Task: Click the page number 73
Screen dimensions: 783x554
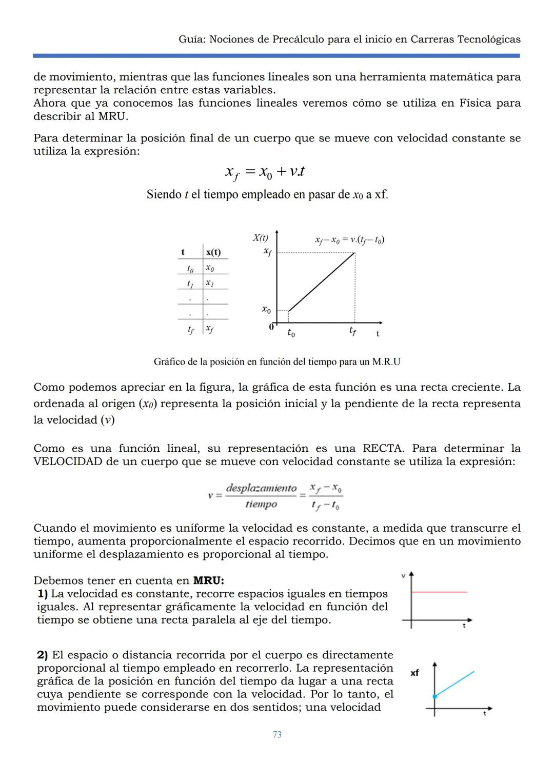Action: tap(277, 734)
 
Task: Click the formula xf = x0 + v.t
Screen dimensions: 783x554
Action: tap(265, 172)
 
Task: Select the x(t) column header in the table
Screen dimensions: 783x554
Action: tap(213, 252)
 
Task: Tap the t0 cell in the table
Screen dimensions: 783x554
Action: tap(190, 268)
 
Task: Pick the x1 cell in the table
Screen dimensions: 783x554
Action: tap(209, 283)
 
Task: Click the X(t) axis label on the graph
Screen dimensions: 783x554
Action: tap(260, 238)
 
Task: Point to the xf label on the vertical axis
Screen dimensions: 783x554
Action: tap(267, 251)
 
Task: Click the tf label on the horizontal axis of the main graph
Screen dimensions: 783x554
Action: tap(352, 332)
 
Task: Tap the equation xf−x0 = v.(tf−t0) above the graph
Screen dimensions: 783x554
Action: tap(349, 239)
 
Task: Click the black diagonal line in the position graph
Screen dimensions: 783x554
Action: tap(322, 282)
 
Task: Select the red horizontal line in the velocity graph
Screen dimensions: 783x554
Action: tap(439, 592)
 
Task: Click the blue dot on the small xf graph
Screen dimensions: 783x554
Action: tap(434, 696)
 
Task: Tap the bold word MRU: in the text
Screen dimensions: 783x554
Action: tap(208, 580)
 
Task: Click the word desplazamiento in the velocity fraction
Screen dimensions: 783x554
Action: tap(261, 488)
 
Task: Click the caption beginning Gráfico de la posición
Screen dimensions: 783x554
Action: tap(277, 362)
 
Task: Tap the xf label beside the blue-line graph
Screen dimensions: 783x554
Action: tap(414, 673)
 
